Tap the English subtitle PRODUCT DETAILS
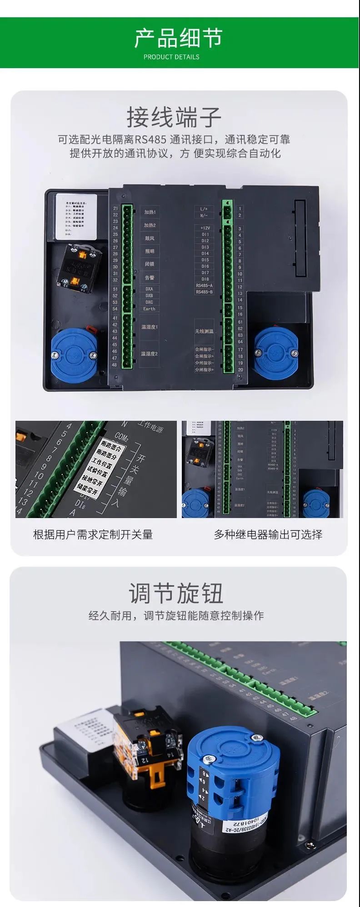[171, 57]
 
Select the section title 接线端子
[174, 117]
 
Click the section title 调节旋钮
[176, 593]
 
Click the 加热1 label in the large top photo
[150, 212]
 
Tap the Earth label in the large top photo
[149, 309]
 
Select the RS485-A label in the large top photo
[204, 285]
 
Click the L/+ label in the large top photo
[204, 209]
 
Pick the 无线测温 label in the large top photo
[204, 331]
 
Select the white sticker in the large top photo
[76, 216]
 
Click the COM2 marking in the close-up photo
[121, 437]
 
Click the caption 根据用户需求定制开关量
[93, 534]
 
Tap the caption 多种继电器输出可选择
[268, 534]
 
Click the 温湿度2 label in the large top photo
[149, 354]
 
